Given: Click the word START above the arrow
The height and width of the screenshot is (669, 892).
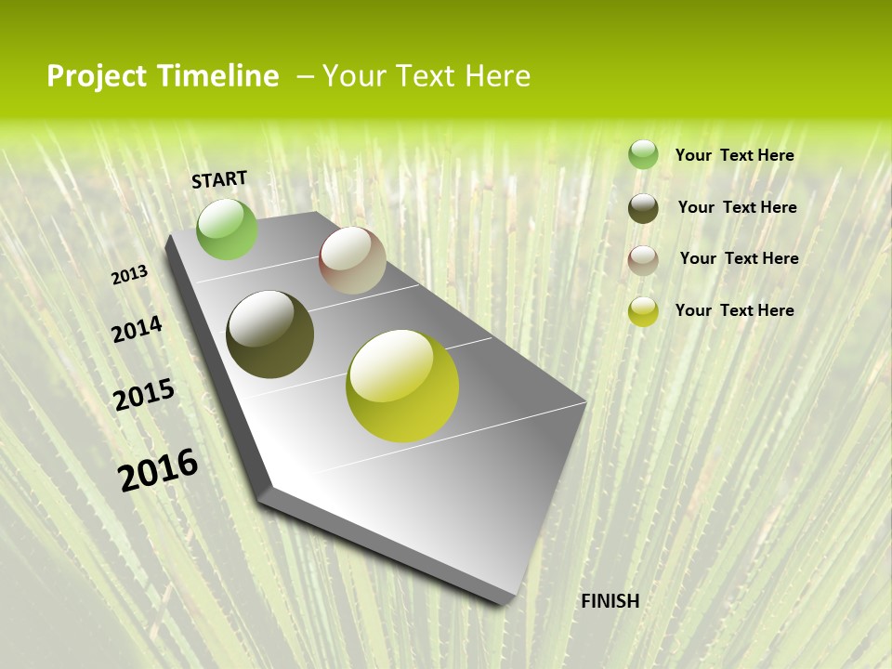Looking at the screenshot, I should click(219, 179).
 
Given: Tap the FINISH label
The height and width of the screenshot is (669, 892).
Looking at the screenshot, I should click(610, 601).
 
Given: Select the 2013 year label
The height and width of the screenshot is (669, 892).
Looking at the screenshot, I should click(130, 275).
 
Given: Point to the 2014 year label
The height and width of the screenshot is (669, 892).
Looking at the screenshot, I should click(137, 330).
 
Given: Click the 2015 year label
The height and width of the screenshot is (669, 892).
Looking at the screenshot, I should click(144, 395).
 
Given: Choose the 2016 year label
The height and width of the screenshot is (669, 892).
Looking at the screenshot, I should click(158, 469).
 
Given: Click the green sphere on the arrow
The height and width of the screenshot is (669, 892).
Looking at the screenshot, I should click(227, 229).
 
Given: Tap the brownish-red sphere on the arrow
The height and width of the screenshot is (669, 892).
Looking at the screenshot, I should click(352, 260).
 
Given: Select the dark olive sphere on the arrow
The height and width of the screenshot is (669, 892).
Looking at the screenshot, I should click(270, 334).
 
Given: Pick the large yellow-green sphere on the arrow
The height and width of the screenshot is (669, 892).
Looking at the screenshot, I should click(402, 386).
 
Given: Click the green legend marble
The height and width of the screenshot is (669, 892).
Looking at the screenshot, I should click(643, 155).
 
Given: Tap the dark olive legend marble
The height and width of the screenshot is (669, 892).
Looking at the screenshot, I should click(643, 208).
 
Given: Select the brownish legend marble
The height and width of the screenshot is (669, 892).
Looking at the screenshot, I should click(643, 260).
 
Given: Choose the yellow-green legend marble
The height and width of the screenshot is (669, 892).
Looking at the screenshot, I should click(643, 311).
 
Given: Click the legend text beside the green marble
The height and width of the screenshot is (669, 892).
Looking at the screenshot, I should click(734, 155).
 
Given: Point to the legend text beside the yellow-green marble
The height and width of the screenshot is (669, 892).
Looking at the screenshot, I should click(734, 310).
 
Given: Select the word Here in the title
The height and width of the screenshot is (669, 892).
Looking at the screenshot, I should click(497, 76).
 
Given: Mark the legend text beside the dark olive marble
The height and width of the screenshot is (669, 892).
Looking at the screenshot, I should click(737, 207).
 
